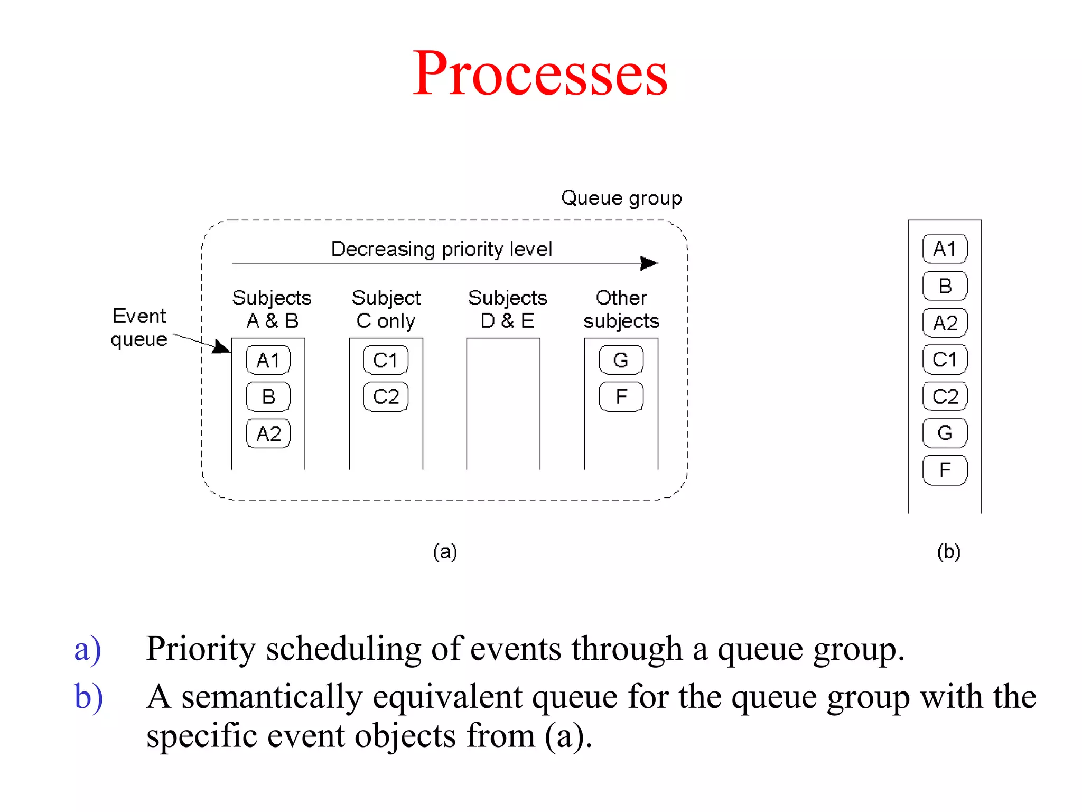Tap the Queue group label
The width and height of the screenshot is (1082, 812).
coord(621,198)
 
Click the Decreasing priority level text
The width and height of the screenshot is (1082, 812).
coord(441,249)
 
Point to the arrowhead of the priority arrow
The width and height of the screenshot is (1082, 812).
coord(650,263)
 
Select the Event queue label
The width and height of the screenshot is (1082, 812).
coord(139,327)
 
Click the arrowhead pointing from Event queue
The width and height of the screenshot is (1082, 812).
coord(222,347)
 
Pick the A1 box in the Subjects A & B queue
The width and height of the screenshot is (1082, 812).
coord(268,360)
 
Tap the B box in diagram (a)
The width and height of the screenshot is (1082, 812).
coord(268,396)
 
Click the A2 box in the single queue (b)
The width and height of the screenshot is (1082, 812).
coord(945,322)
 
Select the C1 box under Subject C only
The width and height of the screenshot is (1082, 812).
coord(386,360)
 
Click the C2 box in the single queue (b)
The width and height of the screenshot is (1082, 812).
coord(945,396)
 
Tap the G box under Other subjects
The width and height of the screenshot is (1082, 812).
coord(621,360)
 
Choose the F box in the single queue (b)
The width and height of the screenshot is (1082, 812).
coord(945,470)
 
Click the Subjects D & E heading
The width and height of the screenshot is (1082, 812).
coord(507,309)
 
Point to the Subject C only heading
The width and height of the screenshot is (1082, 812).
coord(386,309)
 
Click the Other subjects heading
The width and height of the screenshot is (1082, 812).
coord(621,309)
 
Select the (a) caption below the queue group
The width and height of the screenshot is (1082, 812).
coord(445,551)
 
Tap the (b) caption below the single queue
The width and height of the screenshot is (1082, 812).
coord(948,551)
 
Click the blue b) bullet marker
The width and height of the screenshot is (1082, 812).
coord(88,697)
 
